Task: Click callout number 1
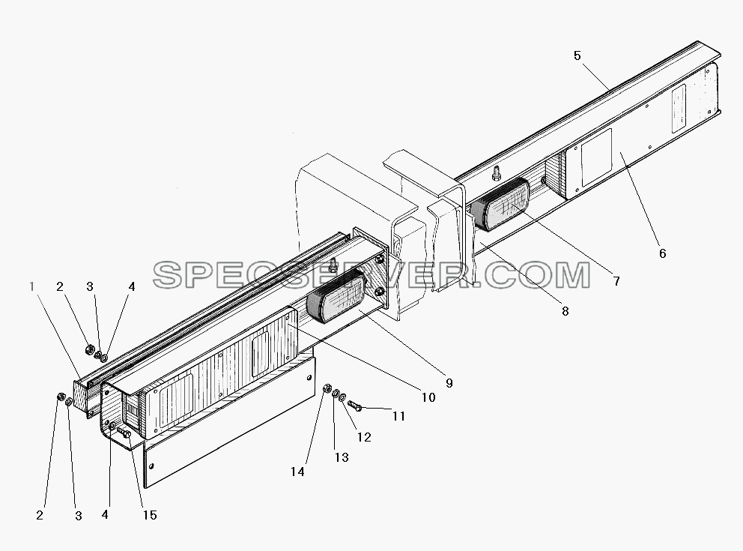click(32, 287)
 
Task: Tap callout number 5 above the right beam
click(577, 56)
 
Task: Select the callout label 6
click(662, 253)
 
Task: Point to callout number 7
click(616, 282)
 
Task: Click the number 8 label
click(565, 312)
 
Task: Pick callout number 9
click(449, 383)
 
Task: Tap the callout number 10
click(428, 397)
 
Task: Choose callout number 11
click(399, 416)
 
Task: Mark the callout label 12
click(364, 437)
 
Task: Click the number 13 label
click(342, 457)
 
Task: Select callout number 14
click(297, 472)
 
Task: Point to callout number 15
click(150, 516)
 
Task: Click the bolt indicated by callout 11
click(355, 406)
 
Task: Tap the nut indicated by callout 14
click(327, 389)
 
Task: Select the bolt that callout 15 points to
click(124, 432)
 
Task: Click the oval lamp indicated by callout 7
click(500, 205)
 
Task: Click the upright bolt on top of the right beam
click(497, 174)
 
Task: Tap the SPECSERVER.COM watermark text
click(371, 275)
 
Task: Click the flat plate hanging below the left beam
click(229, 422)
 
